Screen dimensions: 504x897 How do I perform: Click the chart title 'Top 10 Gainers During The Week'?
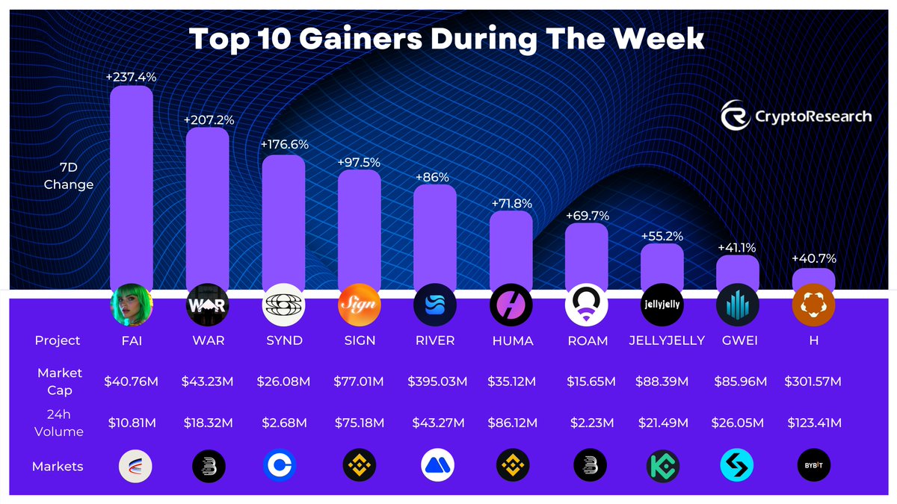point(447,39)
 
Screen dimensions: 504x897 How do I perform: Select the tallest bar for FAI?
point(132,187)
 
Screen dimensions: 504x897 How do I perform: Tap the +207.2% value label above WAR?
point(207,119)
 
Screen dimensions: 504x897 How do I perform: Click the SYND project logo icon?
point(284,305)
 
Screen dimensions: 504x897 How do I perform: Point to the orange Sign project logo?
point(360,305)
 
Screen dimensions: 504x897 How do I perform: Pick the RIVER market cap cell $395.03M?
point(437,382)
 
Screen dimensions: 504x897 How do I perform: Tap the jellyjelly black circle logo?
point(662,305)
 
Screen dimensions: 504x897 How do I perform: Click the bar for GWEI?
point(738,273)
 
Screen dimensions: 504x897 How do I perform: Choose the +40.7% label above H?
point(814,259)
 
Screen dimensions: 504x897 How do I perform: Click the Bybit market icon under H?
point(813,466)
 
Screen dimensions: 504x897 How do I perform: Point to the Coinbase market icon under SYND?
point(284,466)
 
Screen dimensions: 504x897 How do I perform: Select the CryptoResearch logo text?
point(812,116)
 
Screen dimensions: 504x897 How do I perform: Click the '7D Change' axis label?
point(68,176)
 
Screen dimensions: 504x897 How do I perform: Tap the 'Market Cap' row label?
point(60,381)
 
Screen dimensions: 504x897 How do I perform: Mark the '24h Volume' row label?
point(59,423)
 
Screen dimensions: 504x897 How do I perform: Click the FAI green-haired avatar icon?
point(132,305)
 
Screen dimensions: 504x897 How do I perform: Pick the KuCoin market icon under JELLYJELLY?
point(662,466)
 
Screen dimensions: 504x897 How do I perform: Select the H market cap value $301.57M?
point(813,382)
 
